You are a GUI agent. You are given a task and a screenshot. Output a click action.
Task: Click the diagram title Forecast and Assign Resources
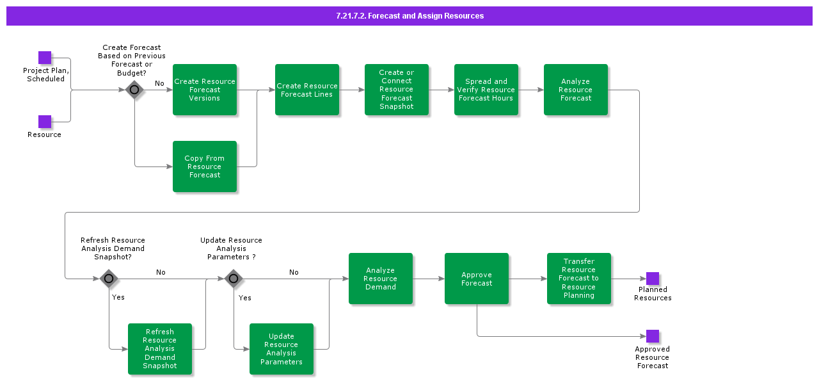pyautogui.click(x=409, y=16)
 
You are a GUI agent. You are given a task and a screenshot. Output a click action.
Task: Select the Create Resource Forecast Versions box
pyautogui.click(x=205, y=90)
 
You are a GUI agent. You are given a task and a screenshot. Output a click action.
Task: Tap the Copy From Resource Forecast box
pyautogui.click(x=205, y=166)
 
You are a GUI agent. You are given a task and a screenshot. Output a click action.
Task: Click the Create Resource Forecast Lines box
pyautogui.click(x=307, y=90)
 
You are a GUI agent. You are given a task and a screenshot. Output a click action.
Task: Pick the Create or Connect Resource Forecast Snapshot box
pyautogui.click(x=397, y=90)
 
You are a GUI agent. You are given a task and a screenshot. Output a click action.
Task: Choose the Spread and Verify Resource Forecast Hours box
pyautogui.click(x=486, y=90)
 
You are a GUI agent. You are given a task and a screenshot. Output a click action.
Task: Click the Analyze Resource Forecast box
pyautogui.click(x=576, y=90)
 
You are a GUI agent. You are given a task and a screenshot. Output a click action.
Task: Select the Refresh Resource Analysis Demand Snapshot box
pyautogui.click(x=160, y=349)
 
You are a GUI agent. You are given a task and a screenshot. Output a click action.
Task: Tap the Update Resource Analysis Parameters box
pyautogui.click(x=282, y=349)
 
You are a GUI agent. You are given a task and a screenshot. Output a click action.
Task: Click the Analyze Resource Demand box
pyautogui.click(x=381, y=279)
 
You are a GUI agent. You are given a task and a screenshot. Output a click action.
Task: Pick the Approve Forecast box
pyautogui.click(x=477, y=279)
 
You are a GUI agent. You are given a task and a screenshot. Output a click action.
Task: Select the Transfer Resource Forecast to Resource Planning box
pyautogui.click(x=579, y=279)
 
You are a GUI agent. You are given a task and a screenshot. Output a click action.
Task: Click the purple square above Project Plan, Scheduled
pyautogui.click(x=45, y=58)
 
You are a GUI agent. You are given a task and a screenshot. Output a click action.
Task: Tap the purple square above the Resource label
pyautogui.click(x=45, y=122)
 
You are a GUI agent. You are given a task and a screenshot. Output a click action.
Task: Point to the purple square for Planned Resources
pyautogui.click(x=653, y=279)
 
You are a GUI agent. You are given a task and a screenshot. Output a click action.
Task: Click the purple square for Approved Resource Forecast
pyautogui.click(x=653, y=336)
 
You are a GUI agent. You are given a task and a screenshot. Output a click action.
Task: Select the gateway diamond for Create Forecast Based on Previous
pyautogui.click(x=134, y=90)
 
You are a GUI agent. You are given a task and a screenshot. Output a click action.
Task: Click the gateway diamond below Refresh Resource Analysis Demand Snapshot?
pyautogui.click(x=109, y=279)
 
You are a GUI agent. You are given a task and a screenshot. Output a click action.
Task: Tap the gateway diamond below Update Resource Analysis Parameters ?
pyautogui.click(x=234, y=279)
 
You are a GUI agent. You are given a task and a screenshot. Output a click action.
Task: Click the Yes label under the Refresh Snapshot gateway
pyautogui.click(x=118, y=297)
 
